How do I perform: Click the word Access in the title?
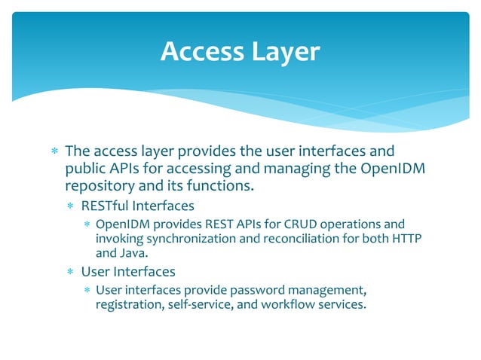click(x=201, y=51)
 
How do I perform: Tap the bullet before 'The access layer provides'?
click(x=54, y=151)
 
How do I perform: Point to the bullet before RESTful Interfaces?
click(x=70, y=206)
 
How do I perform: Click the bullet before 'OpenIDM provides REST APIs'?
click(x=87, y=225)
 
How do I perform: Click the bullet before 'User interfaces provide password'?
click(x=87, y=291)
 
